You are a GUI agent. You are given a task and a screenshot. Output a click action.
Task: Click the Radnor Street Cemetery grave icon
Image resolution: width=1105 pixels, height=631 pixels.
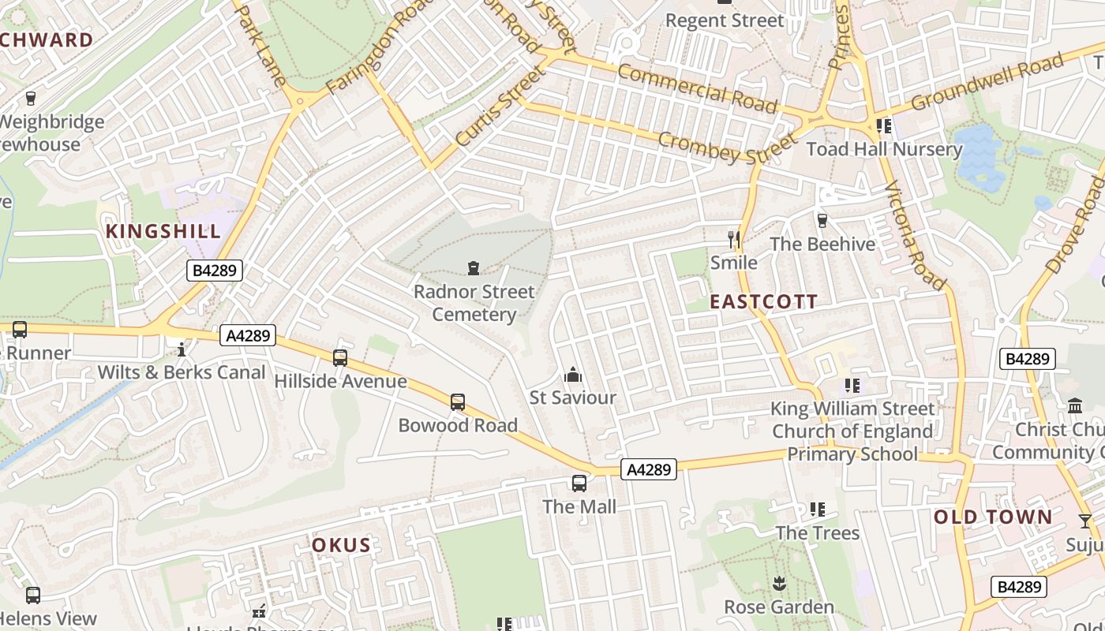[474, 268]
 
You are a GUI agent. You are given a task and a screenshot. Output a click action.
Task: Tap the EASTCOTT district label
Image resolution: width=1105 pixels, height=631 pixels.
[763, 301]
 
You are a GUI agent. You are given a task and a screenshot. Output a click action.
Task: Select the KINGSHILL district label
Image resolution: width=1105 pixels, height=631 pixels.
[163, 231]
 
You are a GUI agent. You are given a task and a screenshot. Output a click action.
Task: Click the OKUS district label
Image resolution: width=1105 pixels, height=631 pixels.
[341, 545]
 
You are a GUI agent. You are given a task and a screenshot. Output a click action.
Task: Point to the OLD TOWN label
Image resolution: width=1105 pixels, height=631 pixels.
[993, 517]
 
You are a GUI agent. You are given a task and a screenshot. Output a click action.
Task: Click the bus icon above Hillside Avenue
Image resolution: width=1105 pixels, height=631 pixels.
[340, 358]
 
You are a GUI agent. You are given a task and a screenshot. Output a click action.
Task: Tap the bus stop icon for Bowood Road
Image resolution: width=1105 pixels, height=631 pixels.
[458, 402]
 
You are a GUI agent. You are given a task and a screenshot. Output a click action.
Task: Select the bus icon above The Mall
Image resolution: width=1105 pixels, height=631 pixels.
[579, 484]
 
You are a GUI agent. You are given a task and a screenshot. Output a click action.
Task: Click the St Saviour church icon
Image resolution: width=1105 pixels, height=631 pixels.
[573, 375]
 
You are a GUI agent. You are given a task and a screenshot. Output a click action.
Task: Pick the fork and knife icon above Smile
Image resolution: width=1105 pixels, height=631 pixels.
[734, 239]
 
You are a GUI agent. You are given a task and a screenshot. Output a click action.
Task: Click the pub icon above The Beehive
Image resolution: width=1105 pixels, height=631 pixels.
[822, 221]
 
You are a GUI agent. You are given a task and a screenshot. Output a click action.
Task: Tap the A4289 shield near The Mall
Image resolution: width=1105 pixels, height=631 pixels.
[649, 470]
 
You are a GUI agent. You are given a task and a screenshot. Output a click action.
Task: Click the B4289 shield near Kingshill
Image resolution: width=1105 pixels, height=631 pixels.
[214, 271]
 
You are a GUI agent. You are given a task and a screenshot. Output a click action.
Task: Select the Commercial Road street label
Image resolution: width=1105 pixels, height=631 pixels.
[697, 88]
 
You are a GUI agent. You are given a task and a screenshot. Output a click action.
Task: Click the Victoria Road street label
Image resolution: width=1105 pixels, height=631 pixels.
[914, 235]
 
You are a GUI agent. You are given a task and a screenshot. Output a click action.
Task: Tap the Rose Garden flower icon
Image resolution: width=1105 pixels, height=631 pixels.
[779, 584]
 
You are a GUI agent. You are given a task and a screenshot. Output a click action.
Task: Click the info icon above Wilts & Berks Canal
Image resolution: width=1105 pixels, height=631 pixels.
[182, 349]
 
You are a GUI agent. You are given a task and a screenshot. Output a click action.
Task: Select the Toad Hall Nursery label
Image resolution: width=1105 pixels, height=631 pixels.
[884, 149]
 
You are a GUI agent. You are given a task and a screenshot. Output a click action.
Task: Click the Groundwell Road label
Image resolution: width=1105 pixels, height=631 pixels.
[987, 83]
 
